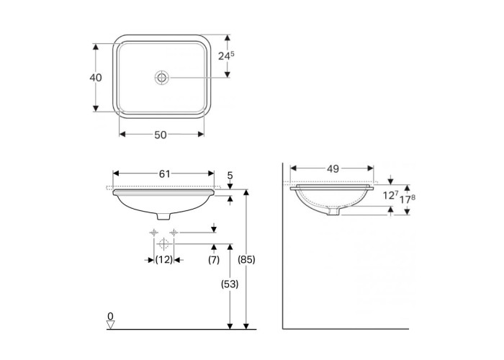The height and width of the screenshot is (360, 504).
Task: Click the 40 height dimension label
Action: [96, 78]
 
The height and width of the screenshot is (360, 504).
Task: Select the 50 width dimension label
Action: [161, 135]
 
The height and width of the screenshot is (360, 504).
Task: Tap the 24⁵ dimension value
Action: [226, 55]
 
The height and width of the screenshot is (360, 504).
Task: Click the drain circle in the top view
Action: [161, 78]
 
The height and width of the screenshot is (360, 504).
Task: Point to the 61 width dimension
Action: [164, 174]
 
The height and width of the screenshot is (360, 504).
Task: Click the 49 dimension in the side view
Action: [333, 168]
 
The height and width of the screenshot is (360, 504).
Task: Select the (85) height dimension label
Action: [246, 259]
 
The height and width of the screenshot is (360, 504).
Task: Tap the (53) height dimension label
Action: [230, 284]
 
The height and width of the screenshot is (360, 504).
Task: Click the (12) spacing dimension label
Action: [164, 259]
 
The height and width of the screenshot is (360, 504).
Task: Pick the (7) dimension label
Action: [214, 259]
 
